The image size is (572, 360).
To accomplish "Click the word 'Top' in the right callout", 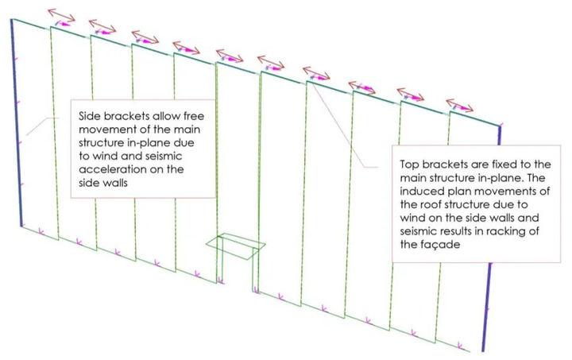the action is click(x=410, y=164).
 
